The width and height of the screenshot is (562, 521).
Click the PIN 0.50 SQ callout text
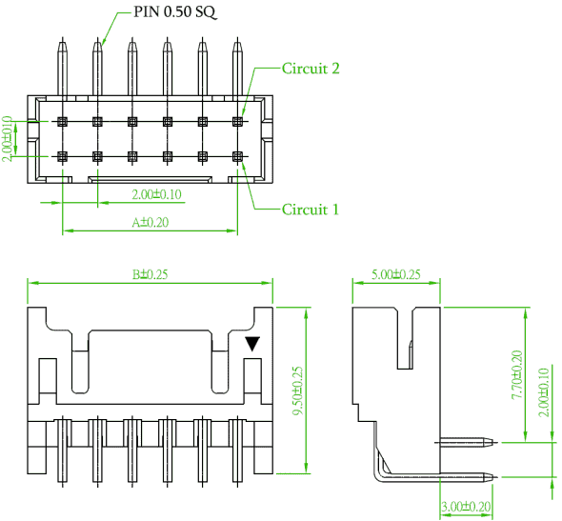pyautogui.click(x=174, y=11)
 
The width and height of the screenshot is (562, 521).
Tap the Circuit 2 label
pyautogui.click(x=311, y=68)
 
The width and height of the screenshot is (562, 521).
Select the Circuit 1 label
pyautogui.click(x=311, y=210)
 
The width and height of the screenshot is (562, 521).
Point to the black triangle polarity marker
pyautogui.click(x=252, y=343)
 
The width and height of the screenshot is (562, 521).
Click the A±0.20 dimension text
pyautogui.click(x=151, y=223)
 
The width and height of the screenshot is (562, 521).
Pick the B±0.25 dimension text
pyautogui.click(x=150, y=274)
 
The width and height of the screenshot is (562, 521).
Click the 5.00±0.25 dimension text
pyautogui.click(x=396, y=274)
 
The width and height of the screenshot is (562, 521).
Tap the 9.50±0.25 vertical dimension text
pyautogui.click(x=298, y=391)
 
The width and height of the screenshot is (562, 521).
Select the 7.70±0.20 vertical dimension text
pyautogui.click(x=517, y=375)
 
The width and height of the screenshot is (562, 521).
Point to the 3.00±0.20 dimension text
pyautogui.click(x=466, y=507)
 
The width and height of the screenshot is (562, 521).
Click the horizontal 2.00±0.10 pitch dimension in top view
pyautogui.click(x=156, y=194)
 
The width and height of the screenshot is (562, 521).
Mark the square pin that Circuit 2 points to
pyautogui.click(x=237, y=122)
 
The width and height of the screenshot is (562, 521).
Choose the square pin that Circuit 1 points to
pyautogui.click(x=237, y=156)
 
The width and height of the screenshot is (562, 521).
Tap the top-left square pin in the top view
pyautogui.click(x=62, y=122)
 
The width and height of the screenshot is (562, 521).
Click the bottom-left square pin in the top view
pyautogui.click(x=62, y=156)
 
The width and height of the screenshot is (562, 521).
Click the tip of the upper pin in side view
pyautogui.click(x=496, y=442)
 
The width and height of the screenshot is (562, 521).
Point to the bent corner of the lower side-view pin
pyautogui.click(x=378, y=476)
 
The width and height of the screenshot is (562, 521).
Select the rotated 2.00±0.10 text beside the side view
pyautogui.click(x=544, y=392)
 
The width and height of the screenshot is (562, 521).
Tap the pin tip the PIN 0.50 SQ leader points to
pyautogui.click(x=97, y=42)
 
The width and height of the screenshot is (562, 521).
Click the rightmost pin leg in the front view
pyautogui.click(x=237, y=451)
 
